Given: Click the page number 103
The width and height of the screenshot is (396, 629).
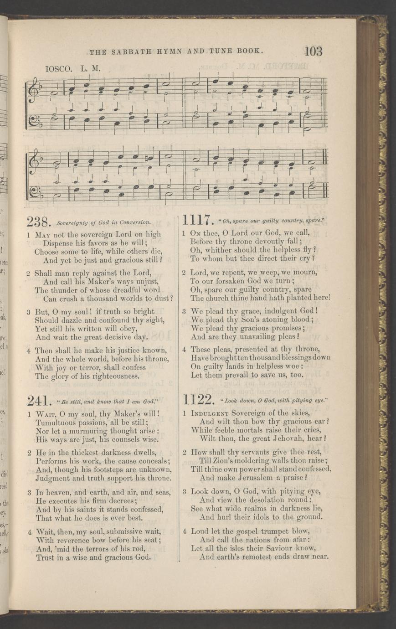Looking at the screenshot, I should pyautogui.click(x=314, y=51).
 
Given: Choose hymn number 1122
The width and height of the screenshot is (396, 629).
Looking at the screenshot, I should pyautogui.click(x=198, y=400).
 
